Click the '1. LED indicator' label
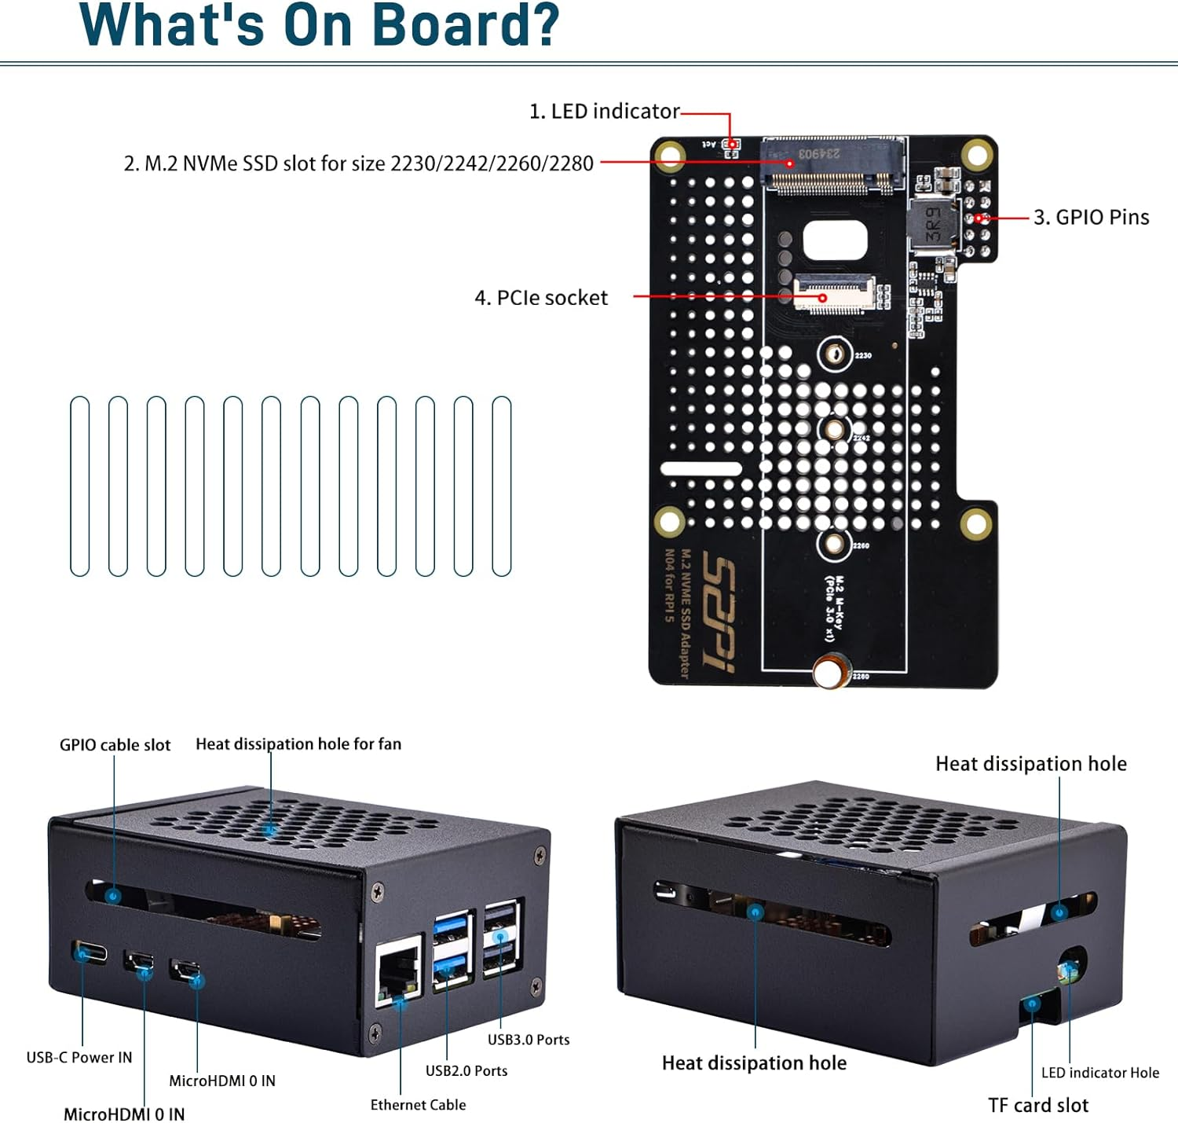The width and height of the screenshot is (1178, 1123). click(604, 112)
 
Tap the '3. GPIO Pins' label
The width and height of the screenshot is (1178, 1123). click(1091, 218)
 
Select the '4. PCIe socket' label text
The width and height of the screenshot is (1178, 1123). click(541, 298)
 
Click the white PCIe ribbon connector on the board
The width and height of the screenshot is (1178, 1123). click(834, 293)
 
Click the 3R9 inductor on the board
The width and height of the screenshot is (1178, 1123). click(933, 225)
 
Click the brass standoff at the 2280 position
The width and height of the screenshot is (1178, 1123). click(832, 673)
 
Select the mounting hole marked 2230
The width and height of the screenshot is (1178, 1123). click(835, 355)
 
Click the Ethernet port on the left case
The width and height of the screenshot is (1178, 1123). click(397, 972)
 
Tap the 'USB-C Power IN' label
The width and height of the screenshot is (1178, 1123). click(79, 1058)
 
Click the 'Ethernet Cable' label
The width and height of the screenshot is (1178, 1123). click(418, 1105)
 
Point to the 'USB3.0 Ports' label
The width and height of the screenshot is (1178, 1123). click(529, 1040)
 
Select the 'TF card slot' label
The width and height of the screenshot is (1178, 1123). click(1037, 1106)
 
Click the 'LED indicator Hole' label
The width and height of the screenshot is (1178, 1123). click(1099, 1073)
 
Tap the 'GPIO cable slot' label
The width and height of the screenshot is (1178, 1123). click(115, 745)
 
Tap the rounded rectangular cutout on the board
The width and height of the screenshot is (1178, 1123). click(835, 240)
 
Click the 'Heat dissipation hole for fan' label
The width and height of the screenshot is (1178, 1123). click(298, 744)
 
